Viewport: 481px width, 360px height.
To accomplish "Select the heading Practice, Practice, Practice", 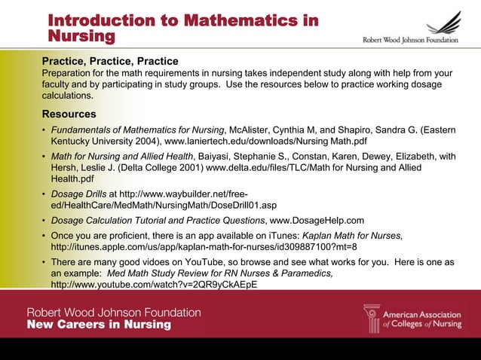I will tap(110, 61).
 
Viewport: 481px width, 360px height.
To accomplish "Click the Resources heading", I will tap(69, 114).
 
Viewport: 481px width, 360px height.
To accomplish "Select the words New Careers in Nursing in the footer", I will tap(100, 325).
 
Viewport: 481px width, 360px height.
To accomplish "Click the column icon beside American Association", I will tap(372, 319).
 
